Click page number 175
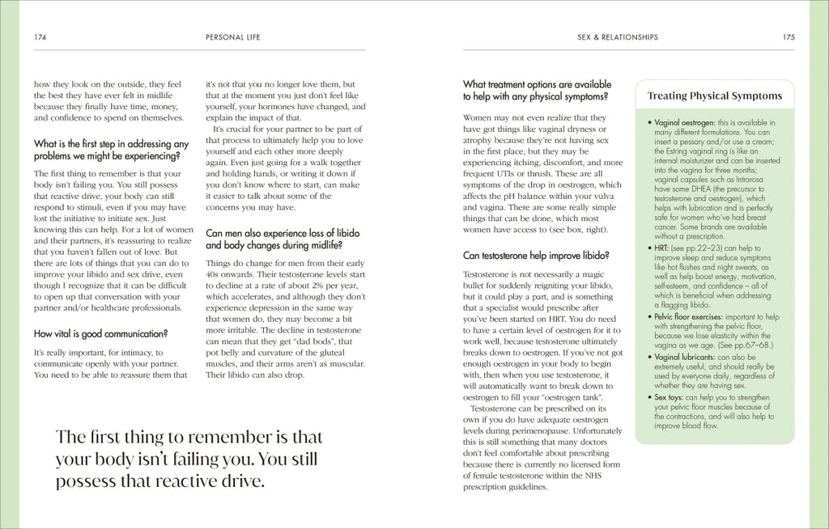tap(789, 37)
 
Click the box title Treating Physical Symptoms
tap(715, 96)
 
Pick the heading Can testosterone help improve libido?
tap(536, 256)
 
